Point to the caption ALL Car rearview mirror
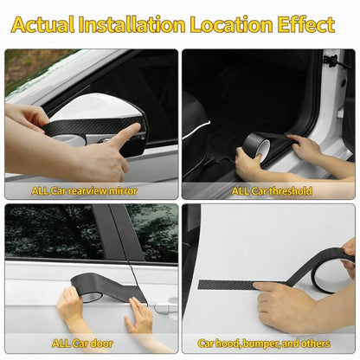pyautogui.click(x=84, y=190)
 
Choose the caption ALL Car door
pyautogui.click(x=84, y=344)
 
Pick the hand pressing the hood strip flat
pyautogui.click(x=286, y=303)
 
